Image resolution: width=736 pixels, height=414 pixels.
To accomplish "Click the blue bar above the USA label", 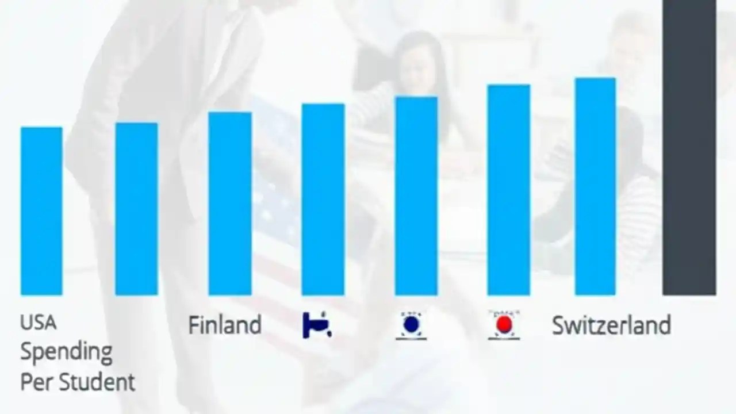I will point(41,210).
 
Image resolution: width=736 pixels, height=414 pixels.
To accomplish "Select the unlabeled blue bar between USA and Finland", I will point(136,209).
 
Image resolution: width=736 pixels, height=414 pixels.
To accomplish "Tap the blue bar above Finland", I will point(229,204).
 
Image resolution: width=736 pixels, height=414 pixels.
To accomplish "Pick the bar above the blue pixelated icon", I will point(323,199).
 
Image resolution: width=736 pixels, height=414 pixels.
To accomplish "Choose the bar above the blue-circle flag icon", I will point(416,195).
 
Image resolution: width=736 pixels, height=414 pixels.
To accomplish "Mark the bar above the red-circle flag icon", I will point(508,190).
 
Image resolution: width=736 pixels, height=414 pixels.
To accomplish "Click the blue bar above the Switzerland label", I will point(595,186).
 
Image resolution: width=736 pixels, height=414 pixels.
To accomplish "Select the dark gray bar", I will point(689,147).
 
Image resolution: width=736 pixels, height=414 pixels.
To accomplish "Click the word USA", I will point(39,323).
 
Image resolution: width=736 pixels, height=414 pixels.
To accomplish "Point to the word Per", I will point(35,382).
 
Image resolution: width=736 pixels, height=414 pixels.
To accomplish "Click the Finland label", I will point(225,325).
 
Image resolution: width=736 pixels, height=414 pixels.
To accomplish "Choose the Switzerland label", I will point(611,325).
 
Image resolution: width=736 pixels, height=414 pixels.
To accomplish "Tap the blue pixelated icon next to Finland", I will point(317,325).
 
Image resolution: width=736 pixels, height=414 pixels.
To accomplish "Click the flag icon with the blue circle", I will point(411,325).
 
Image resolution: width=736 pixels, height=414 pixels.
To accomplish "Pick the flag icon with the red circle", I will point(504,325).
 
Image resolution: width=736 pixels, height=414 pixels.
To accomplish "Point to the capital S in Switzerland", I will point(559,325).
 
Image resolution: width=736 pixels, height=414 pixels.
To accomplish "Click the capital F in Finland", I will point(194,325).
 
